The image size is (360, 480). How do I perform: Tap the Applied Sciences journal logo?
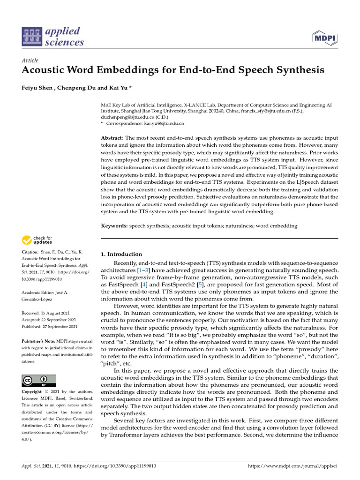pyautogui.click(x=53, y=37)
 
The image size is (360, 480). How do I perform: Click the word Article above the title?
pyautogui.click(x=30, y=60)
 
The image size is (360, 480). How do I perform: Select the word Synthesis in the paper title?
pyautogui.click(x=298, y=70)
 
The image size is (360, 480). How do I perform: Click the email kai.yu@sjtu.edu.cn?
pyautogui.click(x=164, y=123)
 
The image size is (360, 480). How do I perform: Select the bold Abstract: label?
pyautogui.click(x=112, y=138)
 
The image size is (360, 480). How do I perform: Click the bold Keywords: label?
pyautogui.click(x=114, y=226)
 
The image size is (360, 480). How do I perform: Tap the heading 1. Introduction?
pyautogui.click(x=121, y=254)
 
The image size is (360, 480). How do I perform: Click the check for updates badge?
pyautogui.click(x=37, y=240)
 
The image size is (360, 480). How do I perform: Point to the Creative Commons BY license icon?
pyautogui.click(x=39, y=380)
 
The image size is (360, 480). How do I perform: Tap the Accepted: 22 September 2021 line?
pyautogui.click(x=49, y=319)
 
